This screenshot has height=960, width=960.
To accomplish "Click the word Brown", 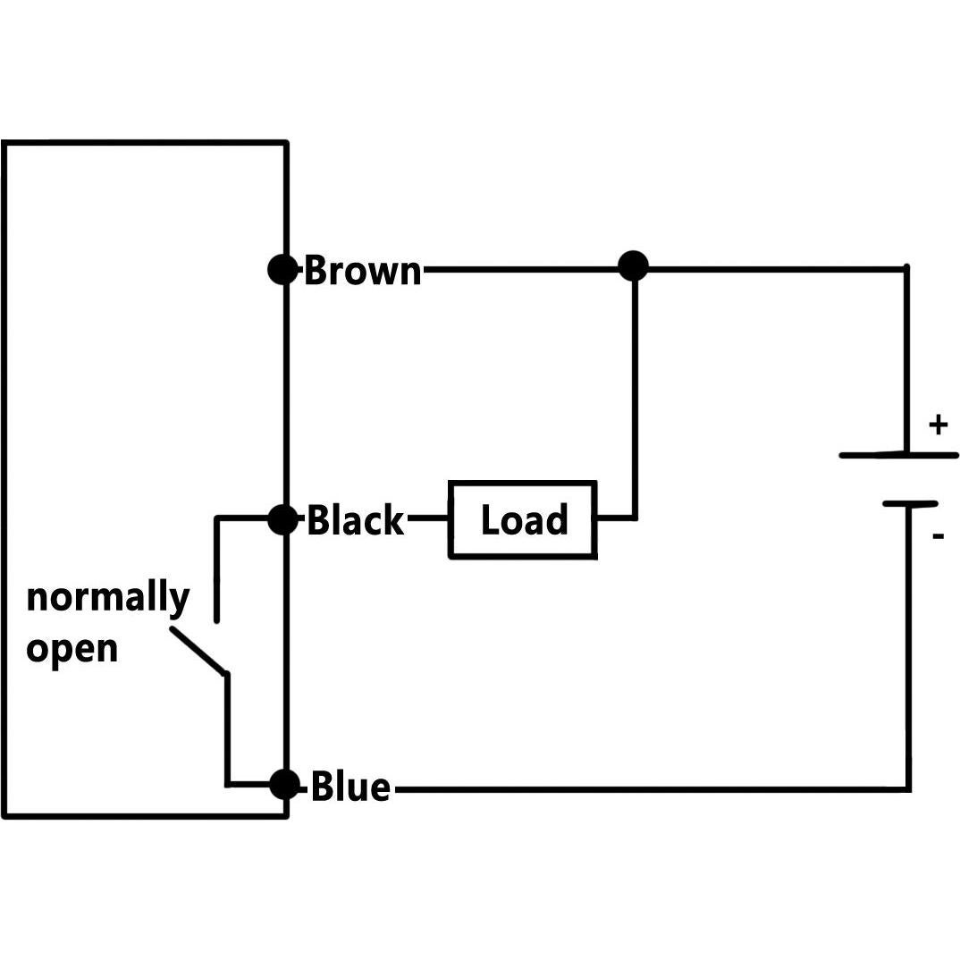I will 362,270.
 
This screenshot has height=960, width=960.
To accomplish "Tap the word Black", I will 355,519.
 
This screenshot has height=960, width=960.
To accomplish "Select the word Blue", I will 350,787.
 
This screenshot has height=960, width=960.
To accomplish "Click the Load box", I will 523,520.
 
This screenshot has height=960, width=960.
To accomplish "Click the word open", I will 72,648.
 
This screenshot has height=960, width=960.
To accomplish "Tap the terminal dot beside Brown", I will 282,269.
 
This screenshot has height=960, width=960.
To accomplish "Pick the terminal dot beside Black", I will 282,518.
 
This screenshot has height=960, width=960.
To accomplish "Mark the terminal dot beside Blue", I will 283,786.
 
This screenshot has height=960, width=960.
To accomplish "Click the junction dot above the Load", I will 633,265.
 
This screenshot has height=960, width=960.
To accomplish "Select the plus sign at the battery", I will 937,425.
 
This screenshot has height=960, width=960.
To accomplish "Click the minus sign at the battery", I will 938,536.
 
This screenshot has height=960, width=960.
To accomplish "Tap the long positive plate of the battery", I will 897,455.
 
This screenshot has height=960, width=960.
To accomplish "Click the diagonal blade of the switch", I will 198,650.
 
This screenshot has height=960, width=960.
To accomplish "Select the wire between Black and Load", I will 427,518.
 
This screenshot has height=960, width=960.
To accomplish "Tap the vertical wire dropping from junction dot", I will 635,393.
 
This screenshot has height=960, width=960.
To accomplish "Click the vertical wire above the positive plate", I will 906,358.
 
